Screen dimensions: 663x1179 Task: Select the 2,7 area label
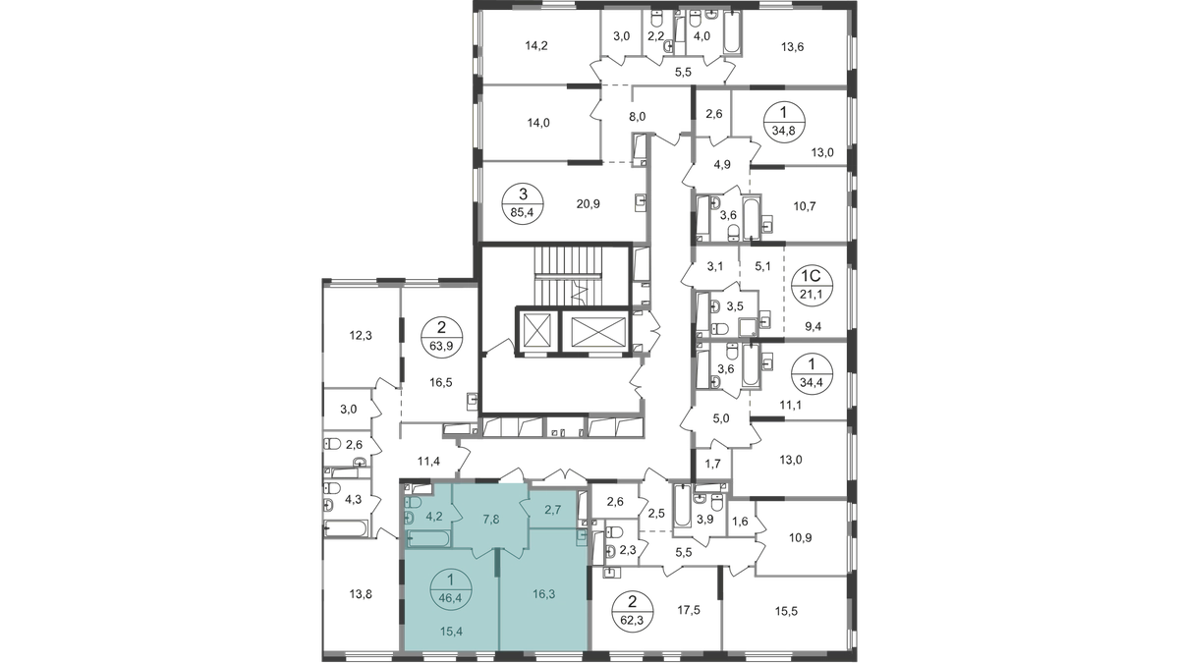[553, 509]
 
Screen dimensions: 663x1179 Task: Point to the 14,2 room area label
[535, 45]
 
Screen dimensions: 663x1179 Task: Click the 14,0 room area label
[535, 124]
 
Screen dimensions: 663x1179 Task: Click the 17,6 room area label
[685, 610]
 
